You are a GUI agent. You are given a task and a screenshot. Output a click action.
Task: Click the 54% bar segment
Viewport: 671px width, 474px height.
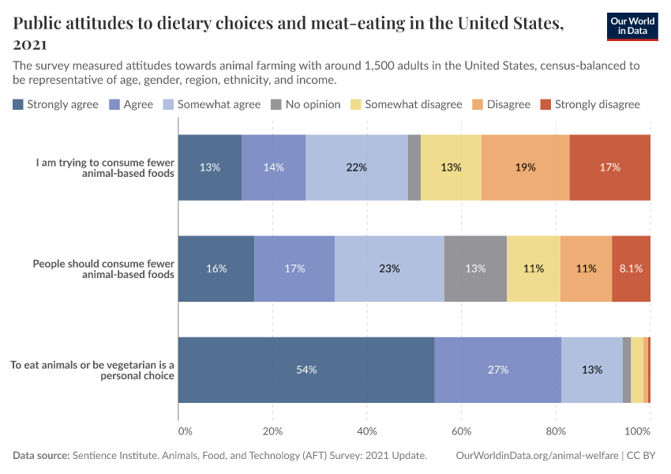point(306,370)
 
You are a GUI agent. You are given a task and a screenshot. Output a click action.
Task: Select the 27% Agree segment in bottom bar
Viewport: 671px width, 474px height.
point(497,370)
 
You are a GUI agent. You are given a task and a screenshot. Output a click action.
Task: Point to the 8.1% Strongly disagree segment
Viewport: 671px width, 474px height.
point(631,269)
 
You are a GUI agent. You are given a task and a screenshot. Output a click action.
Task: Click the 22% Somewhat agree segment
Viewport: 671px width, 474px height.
point(357,167)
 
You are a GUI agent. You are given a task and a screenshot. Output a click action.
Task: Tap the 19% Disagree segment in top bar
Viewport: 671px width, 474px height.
point(525,167)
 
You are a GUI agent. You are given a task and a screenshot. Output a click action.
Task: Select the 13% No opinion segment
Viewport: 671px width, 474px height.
point(475,269)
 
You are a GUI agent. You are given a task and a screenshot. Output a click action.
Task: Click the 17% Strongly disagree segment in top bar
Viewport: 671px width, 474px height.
point(609,167)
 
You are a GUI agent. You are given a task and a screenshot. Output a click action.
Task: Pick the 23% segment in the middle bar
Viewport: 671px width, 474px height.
point(389,269)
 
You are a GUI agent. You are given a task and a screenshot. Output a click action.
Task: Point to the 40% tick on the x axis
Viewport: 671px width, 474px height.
point(367,431)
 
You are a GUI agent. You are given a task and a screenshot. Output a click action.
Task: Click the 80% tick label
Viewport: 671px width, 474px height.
point(556,431)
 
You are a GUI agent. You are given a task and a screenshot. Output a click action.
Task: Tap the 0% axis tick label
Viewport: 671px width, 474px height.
point(185,431)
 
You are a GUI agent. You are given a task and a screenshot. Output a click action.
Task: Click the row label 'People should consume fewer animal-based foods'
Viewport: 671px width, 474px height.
point(103,269)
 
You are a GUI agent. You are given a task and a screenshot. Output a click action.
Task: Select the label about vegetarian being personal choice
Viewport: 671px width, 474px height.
point(92,371)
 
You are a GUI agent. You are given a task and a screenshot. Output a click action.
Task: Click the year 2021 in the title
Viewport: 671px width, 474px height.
point(30,44)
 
